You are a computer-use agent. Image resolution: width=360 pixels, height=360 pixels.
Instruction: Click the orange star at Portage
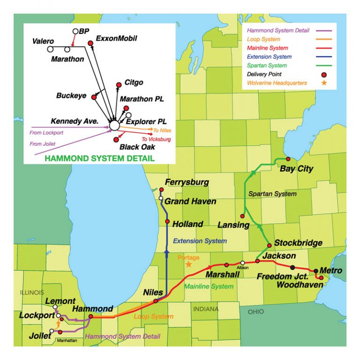click(189, 264)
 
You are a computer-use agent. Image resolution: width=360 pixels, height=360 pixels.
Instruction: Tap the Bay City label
click(296, 169)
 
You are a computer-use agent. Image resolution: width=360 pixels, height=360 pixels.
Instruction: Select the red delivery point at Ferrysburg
click(162, 189)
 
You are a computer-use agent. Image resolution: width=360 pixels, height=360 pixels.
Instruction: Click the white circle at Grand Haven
click(161, 198)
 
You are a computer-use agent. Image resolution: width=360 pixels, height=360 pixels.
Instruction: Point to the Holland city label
click(187, 224)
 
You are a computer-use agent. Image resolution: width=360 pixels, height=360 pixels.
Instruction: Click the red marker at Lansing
click(242, 216)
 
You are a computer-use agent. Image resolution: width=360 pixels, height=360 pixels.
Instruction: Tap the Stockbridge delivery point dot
click(269, 245)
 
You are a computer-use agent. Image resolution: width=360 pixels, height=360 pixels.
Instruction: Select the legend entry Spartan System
click(267, 66)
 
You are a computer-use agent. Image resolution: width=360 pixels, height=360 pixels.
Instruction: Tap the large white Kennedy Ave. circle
click(114, 126)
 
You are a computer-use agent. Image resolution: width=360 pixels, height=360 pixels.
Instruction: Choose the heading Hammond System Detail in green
click(99, 158)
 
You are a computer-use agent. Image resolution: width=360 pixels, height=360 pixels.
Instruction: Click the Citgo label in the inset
click(134, 82)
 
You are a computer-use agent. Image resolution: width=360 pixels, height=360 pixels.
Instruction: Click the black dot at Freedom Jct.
click(293, 267)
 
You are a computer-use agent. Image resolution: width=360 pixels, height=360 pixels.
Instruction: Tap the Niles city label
click(153, 293)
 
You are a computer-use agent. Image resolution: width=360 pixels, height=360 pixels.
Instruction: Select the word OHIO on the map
click(255, 312)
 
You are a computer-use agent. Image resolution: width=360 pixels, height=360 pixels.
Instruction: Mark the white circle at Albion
click(242, 263)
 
